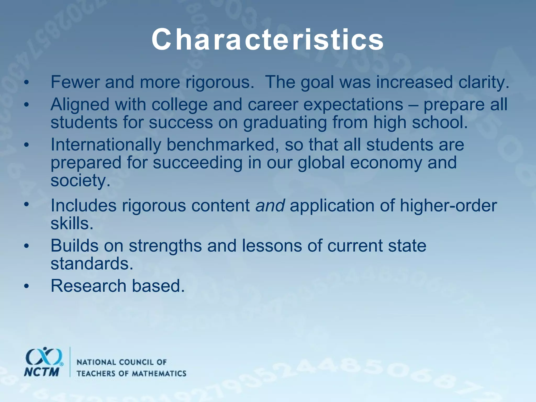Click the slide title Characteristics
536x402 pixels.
(x=267, y=40)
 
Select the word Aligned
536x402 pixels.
(x=80, y=105)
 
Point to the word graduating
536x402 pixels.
(x=285, y=123)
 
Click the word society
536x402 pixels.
(x=80, y=181)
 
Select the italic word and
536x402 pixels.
(x=270, y=206)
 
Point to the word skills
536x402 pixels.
(x=72, y=224)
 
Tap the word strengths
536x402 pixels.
(x=165, y=246)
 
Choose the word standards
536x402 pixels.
(x=92, y=264)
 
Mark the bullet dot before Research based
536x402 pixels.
(x=26, y=287)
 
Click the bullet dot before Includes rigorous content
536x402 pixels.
(x=26, y=204)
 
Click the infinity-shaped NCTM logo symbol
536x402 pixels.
(x=44, y=357)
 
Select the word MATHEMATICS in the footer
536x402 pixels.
(x=159, y=373)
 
